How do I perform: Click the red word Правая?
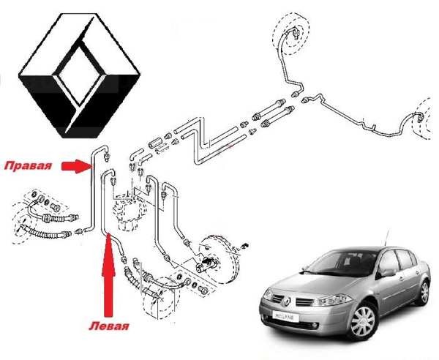click(x=28, y=165)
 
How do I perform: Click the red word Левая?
click(x=109, y=326)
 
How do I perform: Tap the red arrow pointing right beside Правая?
click(x=75, y=166)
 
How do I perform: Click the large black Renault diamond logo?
click(x=79, y=75)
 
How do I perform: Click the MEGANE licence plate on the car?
click(x=285, y=317)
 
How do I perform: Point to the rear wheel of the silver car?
click(x=424, y=293)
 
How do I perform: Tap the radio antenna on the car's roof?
click(x=386, y=238)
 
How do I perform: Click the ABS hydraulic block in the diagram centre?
click(x=128, y=211)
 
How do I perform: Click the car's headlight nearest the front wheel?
click(x=331, y=301)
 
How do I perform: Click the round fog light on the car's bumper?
click(x=315, y=326)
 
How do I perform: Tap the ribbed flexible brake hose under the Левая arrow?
click(x=132, y=277)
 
